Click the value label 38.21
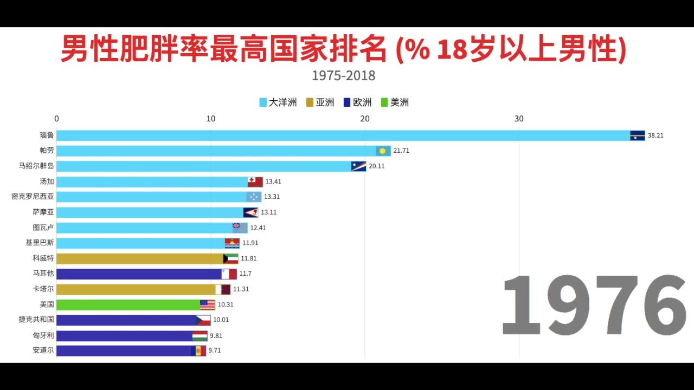click(x=656, y=135)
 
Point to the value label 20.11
click(x=376, y=166)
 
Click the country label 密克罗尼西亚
click(x=33, y=197)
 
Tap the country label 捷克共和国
click(x=36, y=320)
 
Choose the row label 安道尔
click(x=43, y=350)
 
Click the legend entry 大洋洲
click(x=278, y=102)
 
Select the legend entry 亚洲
click(x=320, y=102)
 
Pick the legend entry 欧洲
click(x=358, y=102)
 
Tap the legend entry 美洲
click(x=395, y=102)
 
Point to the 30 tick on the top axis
click(x=519, y=119)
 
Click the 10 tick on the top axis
click(x=210, y=119)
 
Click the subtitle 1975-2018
click(x=344, y=75)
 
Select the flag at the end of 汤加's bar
click(x=255, y=181)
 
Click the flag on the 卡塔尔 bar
click(x=223, y=289)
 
